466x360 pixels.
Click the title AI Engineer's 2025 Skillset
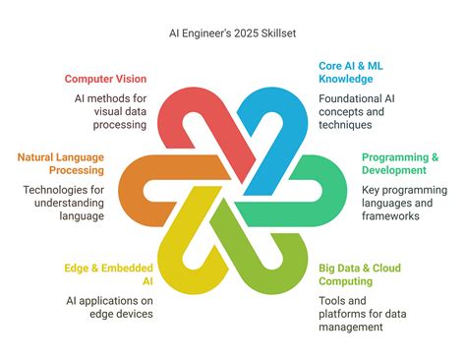point(232,31)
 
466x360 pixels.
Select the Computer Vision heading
point(107,79)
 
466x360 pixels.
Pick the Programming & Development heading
point(398,163)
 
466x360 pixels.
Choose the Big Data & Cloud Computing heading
point(359,274)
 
